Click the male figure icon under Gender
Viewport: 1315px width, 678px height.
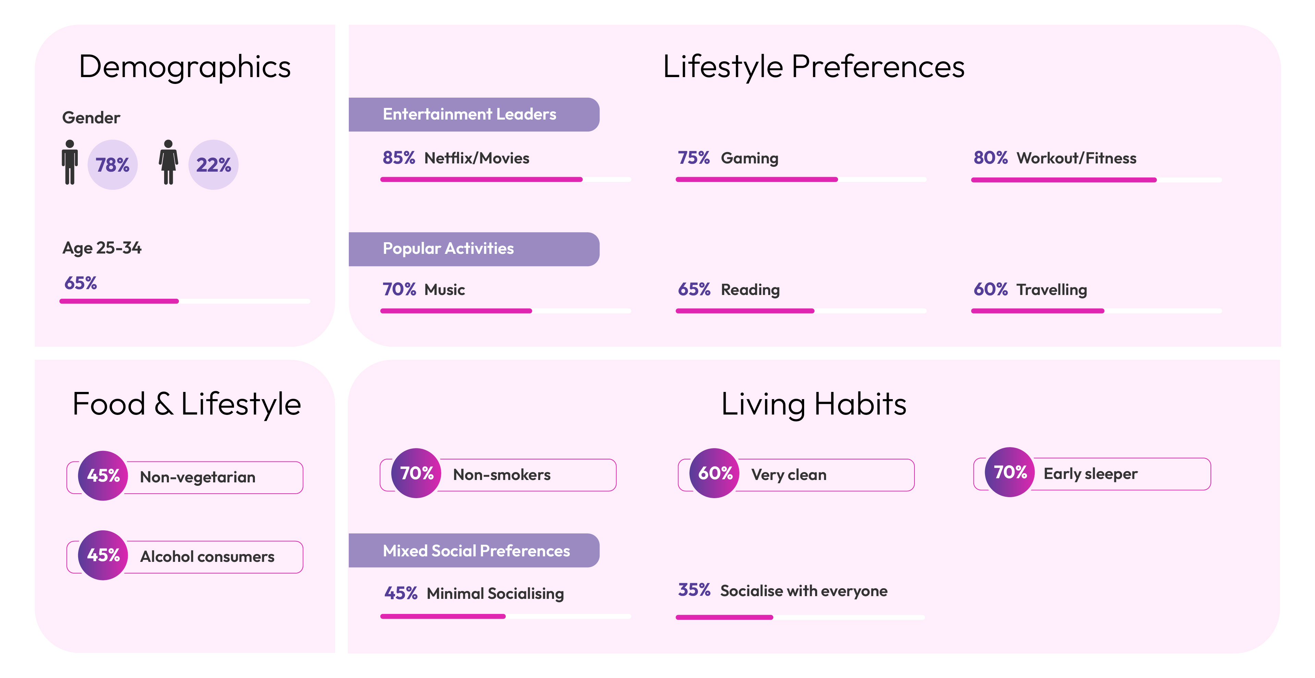[x=70, y=162]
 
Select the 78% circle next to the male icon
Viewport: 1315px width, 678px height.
[x=112, y=165]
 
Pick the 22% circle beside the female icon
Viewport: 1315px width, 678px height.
[x=213, y=165]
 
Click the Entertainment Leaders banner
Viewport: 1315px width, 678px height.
[x=474, y=114]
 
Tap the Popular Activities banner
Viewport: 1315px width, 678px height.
[x=474, y=249]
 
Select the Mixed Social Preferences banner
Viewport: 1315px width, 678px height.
[x=474, y=550]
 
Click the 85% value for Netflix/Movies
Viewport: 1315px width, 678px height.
[x=399, y=158]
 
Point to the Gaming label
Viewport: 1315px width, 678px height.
[x=749, y=158]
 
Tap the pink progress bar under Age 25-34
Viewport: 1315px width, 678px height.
[x=119, y=301]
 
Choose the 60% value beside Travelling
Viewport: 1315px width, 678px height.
[x=990, y=289]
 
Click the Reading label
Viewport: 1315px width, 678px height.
[x=750, y=290]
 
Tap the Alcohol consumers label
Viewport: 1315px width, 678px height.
[x=207, y=556]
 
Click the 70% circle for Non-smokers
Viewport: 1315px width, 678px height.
[x=416, y=473]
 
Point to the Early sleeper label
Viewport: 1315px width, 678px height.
[x=1090, y=474]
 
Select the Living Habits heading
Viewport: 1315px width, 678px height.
[x=814, y=404]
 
